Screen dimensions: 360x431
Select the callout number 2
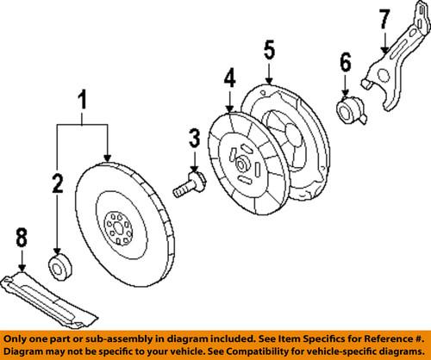[57, 183]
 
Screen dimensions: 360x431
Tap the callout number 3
[195, 137]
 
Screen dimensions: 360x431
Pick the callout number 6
[345, 63]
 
